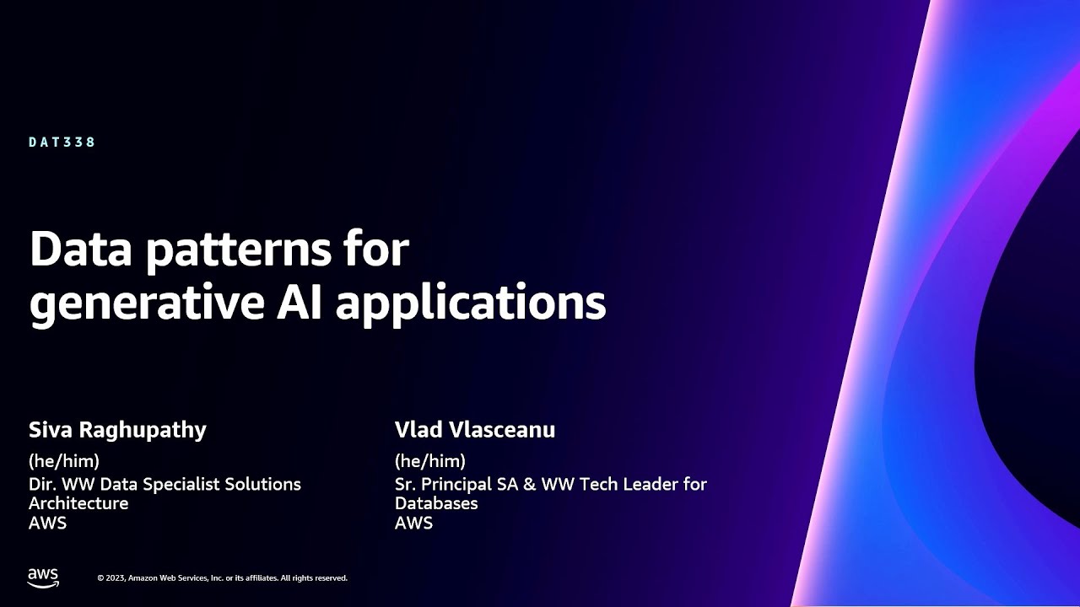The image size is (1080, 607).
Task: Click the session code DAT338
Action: [x=62, y=142]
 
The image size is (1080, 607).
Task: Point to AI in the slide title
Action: [x=301, y=301]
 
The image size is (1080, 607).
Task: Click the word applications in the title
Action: [x=471, y=304]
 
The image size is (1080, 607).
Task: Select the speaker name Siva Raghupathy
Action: [x=117, y=430]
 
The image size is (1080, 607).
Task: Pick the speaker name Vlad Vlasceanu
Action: [x=475, y=430]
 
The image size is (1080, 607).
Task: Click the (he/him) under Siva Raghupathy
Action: [x=64, y=461]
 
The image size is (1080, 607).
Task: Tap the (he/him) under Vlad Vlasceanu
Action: [x=430, y=461]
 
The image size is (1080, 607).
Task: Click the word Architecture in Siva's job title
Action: [x=78, y=503]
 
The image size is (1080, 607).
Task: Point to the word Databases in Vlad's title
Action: [x=436, y=503]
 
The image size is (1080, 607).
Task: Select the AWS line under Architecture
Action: [x=47, y=523]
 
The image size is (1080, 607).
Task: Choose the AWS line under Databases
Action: [x=413, y=523]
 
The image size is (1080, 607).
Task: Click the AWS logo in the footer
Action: [x=43, y=577]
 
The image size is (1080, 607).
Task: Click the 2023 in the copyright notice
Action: [x=116, y=578]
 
